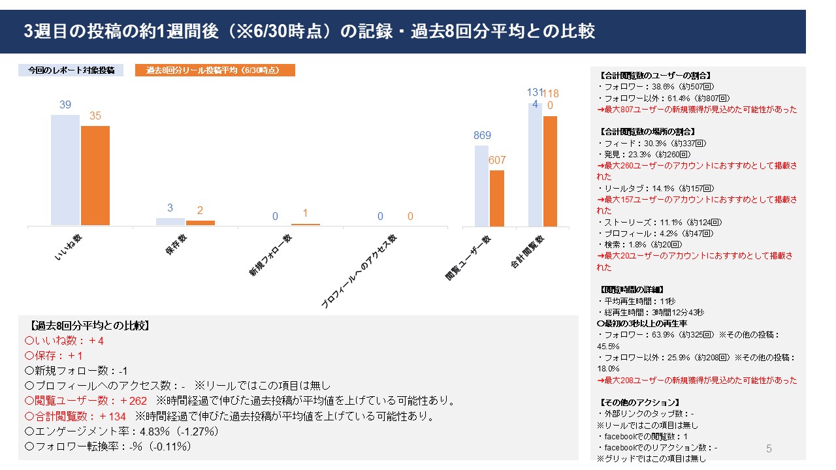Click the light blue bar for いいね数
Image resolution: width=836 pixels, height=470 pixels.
tap(65, 170)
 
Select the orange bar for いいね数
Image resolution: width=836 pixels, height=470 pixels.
tap(95, 176)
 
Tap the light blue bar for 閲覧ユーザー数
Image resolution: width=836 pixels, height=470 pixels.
tap(481, 186)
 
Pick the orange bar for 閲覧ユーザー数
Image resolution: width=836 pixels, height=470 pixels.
tap(497, 198)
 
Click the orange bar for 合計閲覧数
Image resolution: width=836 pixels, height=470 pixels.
tap(550, 171)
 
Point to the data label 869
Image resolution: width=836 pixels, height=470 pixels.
tap(482, 136)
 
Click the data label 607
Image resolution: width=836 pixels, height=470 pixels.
tap(497, 160)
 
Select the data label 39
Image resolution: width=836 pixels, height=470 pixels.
tap(65, 105)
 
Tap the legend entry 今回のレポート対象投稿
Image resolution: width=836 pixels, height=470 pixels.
tap(71, 70)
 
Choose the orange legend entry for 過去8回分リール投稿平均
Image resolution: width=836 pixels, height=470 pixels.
tap(215, 70)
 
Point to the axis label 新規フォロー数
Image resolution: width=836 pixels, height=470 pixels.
tap(270, 255)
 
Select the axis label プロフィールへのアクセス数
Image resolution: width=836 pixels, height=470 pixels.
tap(359, 270)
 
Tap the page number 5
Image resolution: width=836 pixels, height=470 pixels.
tap(769, 448)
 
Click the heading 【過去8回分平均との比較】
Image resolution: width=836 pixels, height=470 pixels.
tap(91, 326)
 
